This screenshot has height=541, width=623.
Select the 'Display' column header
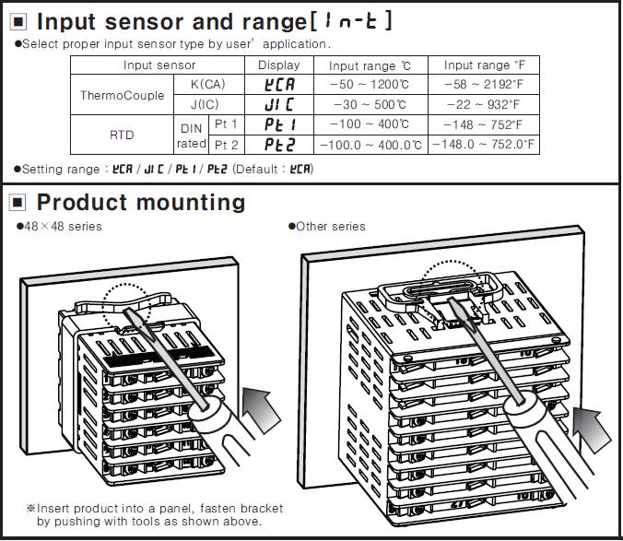278,65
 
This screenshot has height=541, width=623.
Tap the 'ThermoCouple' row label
123,95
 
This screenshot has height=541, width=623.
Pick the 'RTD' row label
122,135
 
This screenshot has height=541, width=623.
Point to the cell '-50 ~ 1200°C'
369,85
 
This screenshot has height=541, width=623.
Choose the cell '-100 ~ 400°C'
369,124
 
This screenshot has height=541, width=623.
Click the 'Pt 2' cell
227,145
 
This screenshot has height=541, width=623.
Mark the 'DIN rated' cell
191,135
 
